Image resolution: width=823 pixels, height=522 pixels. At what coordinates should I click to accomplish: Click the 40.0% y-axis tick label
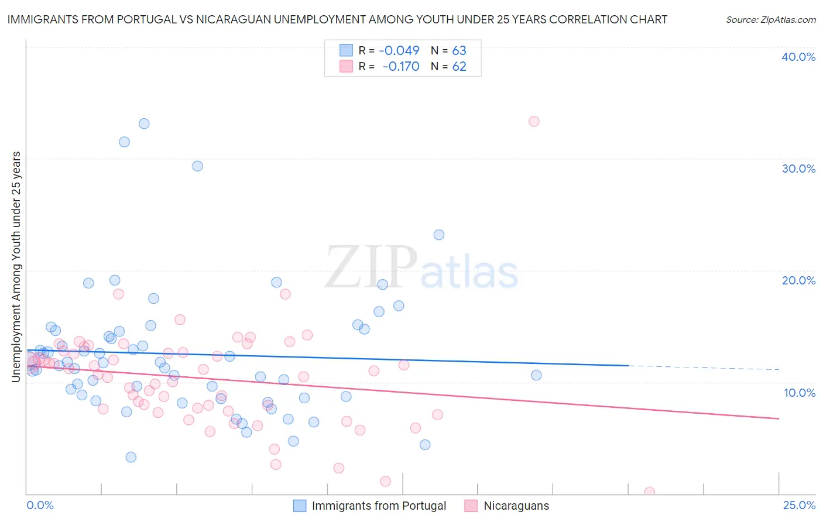(x=798, y=57)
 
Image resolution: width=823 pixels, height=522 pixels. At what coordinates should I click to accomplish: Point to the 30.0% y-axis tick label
(x=798, y=169)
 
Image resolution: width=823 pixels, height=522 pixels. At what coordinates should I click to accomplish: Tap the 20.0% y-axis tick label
(x=798, y=280)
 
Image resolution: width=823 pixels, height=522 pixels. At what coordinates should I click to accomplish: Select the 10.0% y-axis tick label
(x=800, y=393)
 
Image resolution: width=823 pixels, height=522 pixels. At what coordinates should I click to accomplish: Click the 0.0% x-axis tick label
(x=40, y=505)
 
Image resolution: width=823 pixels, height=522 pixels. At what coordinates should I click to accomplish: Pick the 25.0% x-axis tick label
(x=799, y=505)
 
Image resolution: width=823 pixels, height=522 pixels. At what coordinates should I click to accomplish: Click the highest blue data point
(x=144, y=123)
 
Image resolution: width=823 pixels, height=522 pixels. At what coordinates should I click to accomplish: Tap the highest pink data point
(x=534, y=122)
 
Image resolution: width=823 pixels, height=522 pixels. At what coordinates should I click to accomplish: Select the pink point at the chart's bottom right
(x=649, y=492)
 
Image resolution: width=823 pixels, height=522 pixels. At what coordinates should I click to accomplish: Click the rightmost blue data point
(x=536, y=375)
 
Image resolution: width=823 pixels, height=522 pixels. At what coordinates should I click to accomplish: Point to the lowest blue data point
(x=131, y=457)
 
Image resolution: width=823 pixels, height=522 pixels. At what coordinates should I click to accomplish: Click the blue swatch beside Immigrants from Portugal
(x=300, y=506)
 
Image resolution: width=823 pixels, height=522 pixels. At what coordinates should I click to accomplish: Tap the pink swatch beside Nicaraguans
(x=471, y=506)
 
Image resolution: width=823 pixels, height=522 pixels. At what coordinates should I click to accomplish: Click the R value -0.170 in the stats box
(x=401, y=67)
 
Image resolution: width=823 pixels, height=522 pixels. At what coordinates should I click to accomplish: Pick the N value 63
(x=459, y=50)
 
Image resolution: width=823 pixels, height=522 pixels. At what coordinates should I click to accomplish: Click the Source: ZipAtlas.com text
(x=770, y=20)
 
